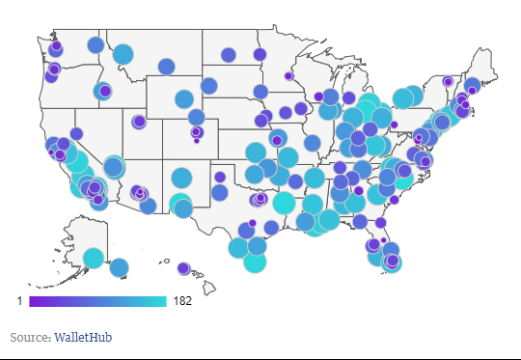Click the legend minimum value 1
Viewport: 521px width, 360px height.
[x=19, y=302]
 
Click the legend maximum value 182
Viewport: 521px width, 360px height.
[x=182, y=302]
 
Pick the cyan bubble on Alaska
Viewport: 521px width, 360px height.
[x=94, y=257]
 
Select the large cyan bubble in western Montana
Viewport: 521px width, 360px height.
[x=123, y=54]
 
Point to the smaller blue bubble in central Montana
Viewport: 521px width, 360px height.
[x=166, y=66]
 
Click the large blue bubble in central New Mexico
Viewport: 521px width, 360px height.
[x=181, y=178]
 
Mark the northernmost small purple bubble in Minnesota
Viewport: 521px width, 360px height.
[x=259, y=53]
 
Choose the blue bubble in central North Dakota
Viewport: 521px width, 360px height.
[x=228, y=54]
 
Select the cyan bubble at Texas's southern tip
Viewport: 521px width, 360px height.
[x=255, y=262]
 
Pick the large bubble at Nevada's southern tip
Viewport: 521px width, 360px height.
[x=114, y=166]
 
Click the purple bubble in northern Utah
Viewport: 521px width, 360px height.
[x=139, y=122]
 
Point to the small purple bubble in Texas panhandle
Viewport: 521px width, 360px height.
[x=220, y=177]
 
